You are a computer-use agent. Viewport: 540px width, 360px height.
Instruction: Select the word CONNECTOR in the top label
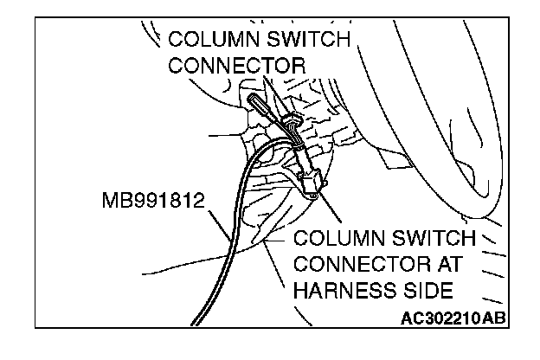click(237, 66)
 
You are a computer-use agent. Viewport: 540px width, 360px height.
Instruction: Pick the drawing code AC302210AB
click(453, 318)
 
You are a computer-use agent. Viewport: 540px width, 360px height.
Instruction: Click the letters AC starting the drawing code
click(413, 318)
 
